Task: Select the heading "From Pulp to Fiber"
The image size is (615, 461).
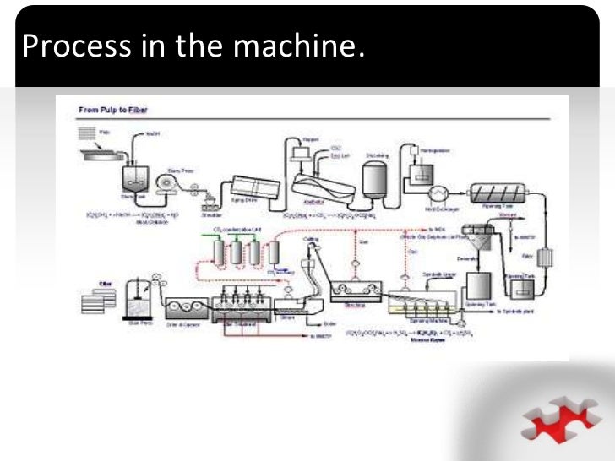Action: point(112,109)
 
